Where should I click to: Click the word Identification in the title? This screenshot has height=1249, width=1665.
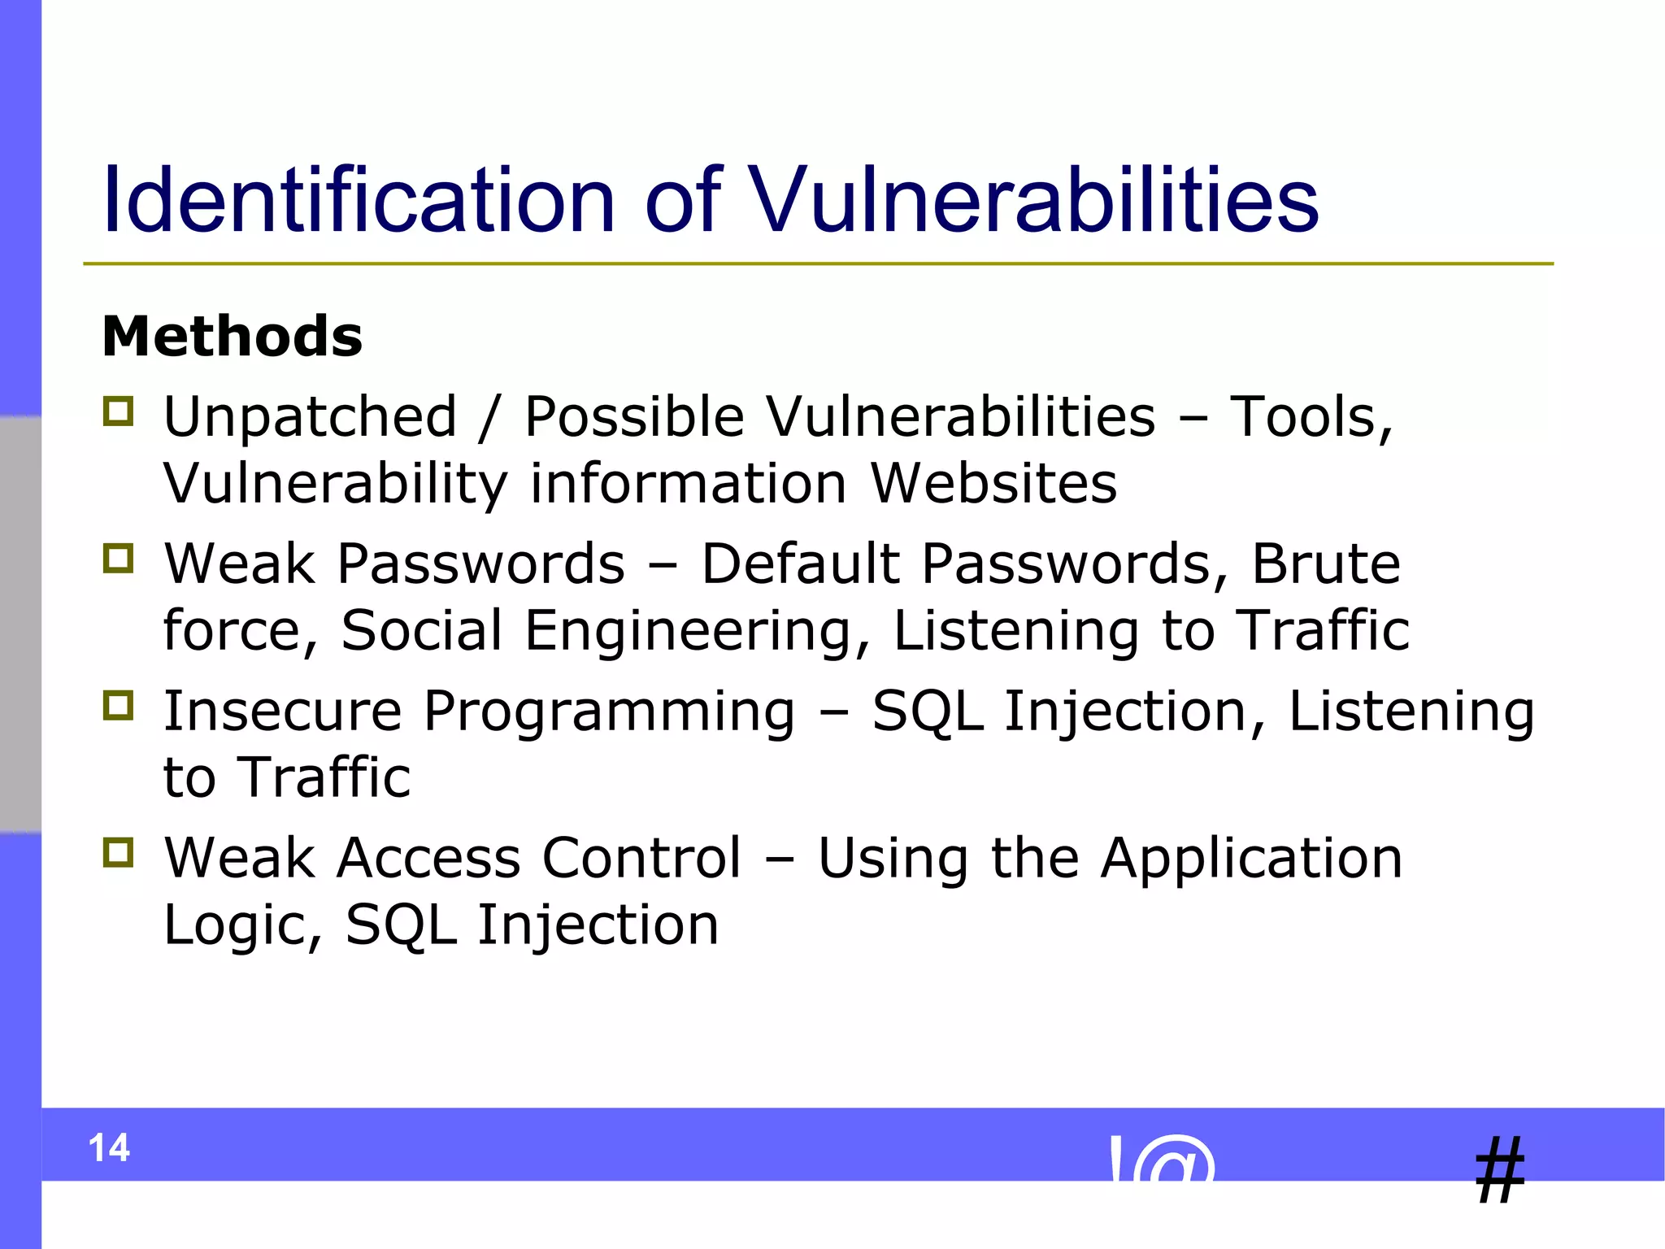click(x=358, y=200)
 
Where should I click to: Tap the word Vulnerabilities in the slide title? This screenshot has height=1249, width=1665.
click(x=1032, y=200)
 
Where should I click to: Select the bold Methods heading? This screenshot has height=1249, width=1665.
click(x=233, y=337)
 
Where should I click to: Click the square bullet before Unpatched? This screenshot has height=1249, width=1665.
click(x=119, y=411)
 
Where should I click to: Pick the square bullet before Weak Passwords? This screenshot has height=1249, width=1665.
click(x=119, y=559)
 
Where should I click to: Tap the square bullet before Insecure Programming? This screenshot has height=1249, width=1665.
click(x=119, y=705)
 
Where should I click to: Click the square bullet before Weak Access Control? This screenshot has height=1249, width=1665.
click(x=119, y=852)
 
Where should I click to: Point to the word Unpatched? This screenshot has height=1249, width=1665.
click(x=311, y=417)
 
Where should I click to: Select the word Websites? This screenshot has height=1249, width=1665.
click(x=993, y=484)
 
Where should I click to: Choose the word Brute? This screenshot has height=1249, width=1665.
click(x=1326, y=564)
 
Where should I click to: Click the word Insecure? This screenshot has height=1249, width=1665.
click(x=283, y=711)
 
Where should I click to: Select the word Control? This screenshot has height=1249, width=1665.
click(x=641, y=858)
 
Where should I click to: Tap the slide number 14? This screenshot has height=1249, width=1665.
click(x=109, y=1148)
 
